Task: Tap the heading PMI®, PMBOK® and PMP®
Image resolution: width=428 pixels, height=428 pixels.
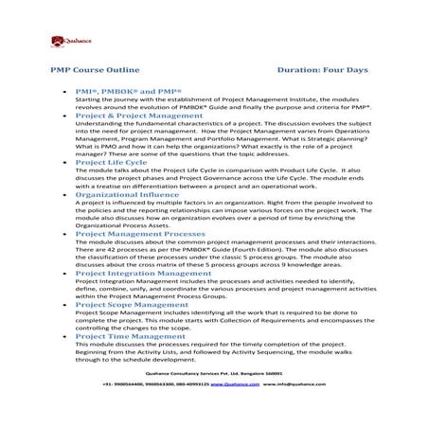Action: point(121,88)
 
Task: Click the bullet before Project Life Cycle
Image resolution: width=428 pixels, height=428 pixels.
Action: point(63,164)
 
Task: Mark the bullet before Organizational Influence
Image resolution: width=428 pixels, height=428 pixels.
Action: point(63,194)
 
